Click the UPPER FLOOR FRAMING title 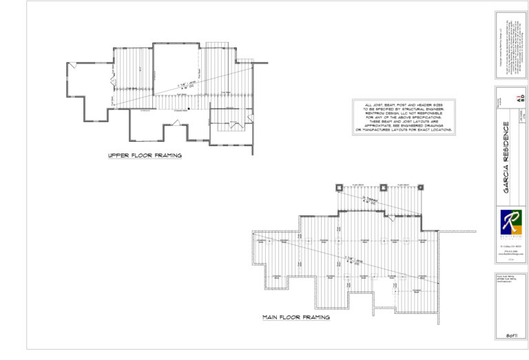145,156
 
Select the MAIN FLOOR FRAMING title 295,318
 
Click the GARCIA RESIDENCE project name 506,158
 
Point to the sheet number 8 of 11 510,335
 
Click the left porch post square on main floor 338,188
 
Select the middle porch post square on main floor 382,188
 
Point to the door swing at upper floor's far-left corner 72,67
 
